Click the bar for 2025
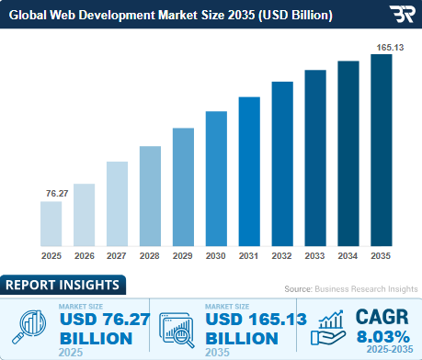[x=51, y=223]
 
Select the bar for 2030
[x=216, y=178]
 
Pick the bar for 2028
[x=150, y=196]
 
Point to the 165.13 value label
[x=381, y=45]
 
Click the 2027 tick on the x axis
[x=117, y=256]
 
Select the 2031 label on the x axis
[x=249, y=256]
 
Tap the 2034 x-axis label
[x=348, y=256]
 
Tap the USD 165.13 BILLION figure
[x=243, y=328]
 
